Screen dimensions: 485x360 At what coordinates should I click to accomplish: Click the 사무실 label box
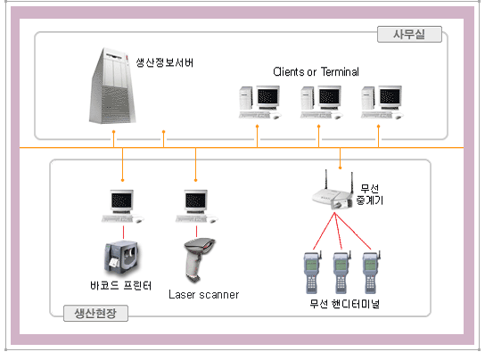pyautogui.click(x=409, y=34)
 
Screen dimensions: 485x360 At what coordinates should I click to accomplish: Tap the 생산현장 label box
pyautogui.click(x=95, y=313)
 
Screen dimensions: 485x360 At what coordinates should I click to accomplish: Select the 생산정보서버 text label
pyautogui.click(x=165, y=62)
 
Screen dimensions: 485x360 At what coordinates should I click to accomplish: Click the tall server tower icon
pyautogui.click(x=111, y=86)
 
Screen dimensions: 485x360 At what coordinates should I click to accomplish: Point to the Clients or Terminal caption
pyautogui.click(x=316, y=72)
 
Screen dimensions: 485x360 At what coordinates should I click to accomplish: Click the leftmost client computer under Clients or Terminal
pyautogui.click(x=259, y=102)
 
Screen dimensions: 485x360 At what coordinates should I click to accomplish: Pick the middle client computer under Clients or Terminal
pyautogui.click(x=321, y=102)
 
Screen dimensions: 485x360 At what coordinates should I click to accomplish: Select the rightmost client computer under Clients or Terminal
pyautogui.click(x=382, y=102)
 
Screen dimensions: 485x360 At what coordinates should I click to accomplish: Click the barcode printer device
pyautogui.click(x=121, y=257)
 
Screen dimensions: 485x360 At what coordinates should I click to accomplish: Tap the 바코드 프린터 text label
pyautogui.click(x=121, y=285)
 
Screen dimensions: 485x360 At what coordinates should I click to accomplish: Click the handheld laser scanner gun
pyautogui.click(x=199, y=259)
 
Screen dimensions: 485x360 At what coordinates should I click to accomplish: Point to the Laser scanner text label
pyautogui.click(x=204, y=294)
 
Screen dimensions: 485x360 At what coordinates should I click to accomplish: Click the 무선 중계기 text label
pyautogui.click(x=370, y=194)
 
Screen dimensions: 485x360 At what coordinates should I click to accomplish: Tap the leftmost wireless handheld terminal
pyautogui.click(x=312, y=273)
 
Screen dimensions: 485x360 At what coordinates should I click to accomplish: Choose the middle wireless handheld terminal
pyautogui.click(x=341, y=273)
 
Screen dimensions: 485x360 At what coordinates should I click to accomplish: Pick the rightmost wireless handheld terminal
pyautogui.click(x=371, y=273)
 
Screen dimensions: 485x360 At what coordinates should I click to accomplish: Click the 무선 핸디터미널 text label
pyautogui.click(x=344, y=304)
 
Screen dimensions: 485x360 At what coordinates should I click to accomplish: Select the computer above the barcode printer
pyautogui.click(x=122, y=207)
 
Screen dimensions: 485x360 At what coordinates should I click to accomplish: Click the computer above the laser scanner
pyautogui.click(x=196, y=207)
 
